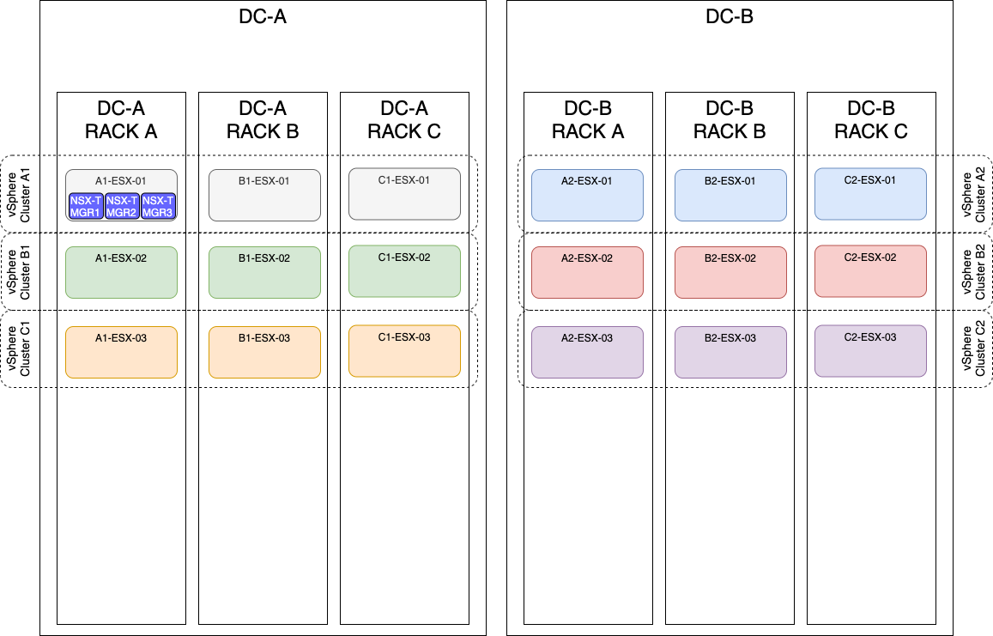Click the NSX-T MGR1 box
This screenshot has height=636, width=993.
point(86,206)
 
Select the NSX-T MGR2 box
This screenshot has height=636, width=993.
point(122,206)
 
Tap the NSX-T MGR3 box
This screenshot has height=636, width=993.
point(158,206)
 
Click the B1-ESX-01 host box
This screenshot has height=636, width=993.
point(264,195)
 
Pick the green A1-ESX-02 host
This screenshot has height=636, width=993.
point(121,273)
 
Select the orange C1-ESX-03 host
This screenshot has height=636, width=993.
point(404,350)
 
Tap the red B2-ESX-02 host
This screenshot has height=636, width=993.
point(730,273)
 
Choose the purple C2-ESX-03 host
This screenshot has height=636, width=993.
point(870,350)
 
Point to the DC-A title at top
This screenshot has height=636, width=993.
point(262,16)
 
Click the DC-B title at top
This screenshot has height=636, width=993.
point(729,16)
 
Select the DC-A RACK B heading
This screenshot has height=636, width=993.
point(263,120)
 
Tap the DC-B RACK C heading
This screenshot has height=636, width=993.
point(871,120)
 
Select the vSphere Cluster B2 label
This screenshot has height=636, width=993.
point(975,272)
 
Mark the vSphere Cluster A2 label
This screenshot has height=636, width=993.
point(975,194)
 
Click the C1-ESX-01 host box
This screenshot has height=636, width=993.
point(404,194)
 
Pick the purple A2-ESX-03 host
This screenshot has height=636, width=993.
point(587,352)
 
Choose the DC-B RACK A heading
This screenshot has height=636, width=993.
point(588,120)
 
